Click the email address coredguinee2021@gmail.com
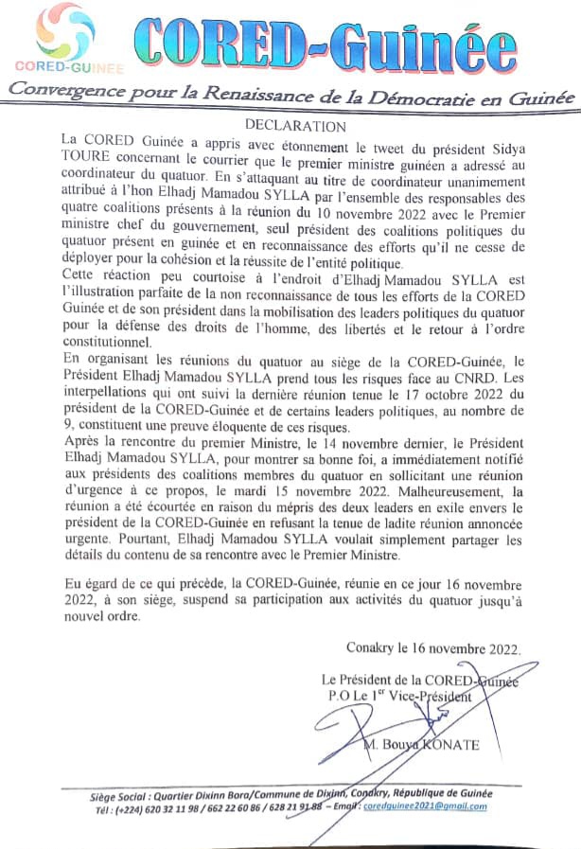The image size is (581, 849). click(435, 806)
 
